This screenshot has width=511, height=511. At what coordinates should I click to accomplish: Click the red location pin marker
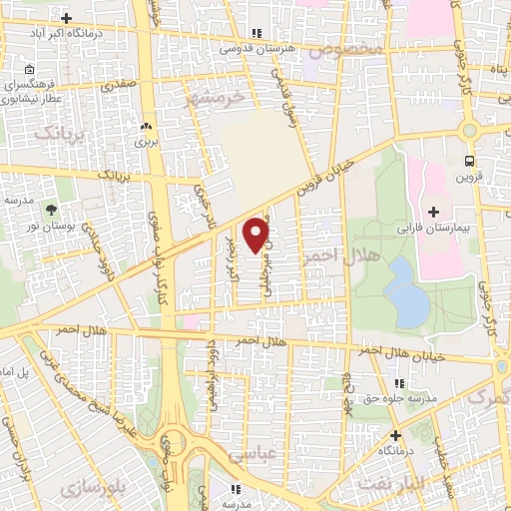257,234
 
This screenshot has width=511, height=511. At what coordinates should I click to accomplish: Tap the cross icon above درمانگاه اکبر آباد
66,18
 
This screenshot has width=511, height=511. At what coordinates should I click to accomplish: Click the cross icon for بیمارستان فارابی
433,212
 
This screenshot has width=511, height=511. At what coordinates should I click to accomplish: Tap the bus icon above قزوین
469,160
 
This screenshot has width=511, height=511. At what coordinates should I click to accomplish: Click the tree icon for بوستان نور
49,209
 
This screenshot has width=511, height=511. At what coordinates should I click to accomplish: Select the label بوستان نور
51,227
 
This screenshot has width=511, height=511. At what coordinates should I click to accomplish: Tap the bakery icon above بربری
147,127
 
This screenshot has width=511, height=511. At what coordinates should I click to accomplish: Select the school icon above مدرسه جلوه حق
399,383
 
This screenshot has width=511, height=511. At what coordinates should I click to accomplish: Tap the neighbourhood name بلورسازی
92,488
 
